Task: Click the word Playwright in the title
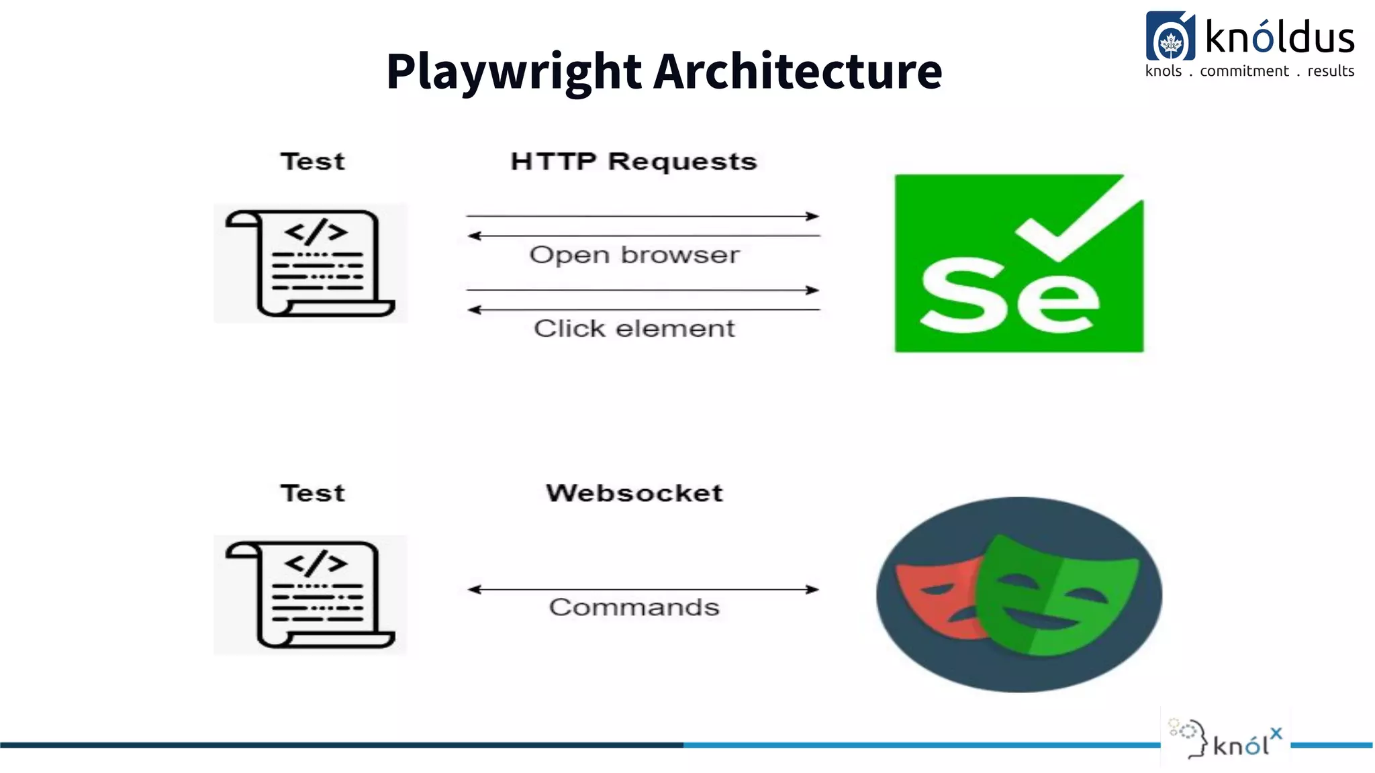pyautogui.click(x=514, y=72)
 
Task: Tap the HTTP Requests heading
pyautogui.click(x=633, y=162)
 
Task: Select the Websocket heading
pyautogui.click(x=634, y=493)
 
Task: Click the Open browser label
pyautogui.click(x=634, y=255)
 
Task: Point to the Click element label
pyautogui.click(x=634, y=329)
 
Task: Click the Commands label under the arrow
pyautogui.click(x=634, y=607)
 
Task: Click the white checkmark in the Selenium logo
pyautogui.click(x=1081, y=221)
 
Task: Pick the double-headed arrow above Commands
pyautogui.click(x=643, y=589)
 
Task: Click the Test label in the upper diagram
pyautogui.click(x=312, y=162)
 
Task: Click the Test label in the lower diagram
pyautogui.click(x=312, y=493)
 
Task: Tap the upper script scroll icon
pyautogui.click(x=310, y=263)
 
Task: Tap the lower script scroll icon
pyautogui.click(x=310, y=595)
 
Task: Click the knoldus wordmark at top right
pyautogui.click(x=1279, y=38)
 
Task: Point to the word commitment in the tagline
pyautogui.click(x=1244, y=71)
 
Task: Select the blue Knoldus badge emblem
pyautogui.click(x=1170, y=37)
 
